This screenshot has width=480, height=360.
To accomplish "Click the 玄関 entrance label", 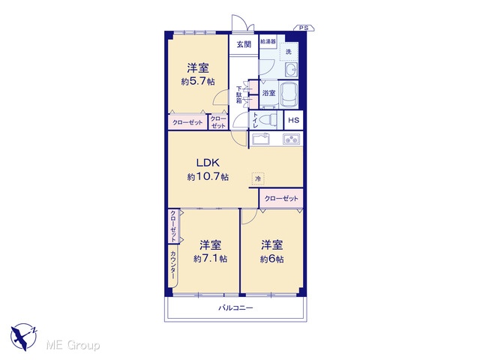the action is tap(244, 44).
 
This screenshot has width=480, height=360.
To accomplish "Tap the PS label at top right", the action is tap(304, 28).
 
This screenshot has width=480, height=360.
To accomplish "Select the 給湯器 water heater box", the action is tap(268, 41).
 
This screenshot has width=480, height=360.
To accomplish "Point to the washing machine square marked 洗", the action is tap(289, 52).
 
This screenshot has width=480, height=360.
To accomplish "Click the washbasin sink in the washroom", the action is tap(292, 70).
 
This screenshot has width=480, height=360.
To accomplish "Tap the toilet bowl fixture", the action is tap(269, 120).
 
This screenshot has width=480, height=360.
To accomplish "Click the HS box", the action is tap(293, 120).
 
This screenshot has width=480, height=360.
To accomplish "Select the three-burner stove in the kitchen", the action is tap(292, 139).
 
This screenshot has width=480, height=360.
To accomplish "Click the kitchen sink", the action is tap(260, 139).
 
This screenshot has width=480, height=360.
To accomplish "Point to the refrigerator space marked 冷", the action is tap(258, 178).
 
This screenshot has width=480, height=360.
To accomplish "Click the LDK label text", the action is tap(208, 163).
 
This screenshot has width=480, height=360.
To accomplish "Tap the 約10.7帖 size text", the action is tap(208, 177).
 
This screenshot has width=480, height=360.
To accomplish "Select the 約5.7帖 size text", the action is tap(198, 82).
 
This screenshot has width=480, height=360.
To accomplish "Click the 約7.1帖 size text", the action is tap(210, 259).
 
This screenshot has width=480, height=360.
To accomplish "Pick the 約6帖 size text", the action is tap(271, 259).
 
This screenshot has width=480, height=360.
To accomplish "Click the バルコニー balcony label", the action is tap(235, 307).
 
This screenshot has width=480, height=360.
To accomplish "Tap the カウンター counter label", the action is tap(173, 265).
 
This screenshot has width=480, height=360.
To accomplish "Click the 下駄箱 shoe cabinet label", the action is tap(239, 95).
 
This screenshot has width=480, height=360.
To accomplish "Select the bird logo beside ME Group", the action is tap(23, 337).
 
